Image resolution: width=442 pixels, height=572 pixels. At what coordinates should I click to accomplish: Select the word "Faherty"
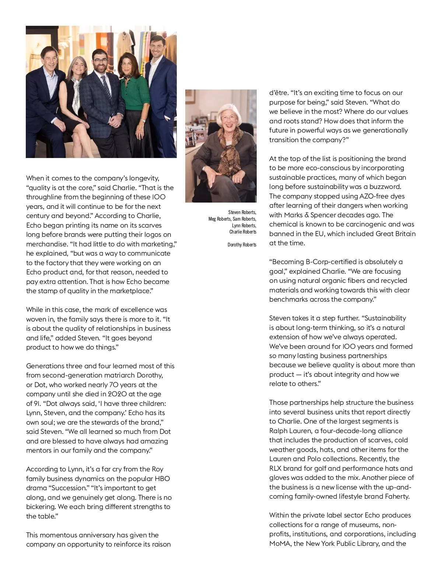[395, 496]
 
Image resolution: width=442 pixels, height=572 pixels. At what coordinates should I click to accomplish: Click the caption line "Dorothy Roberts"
[242, 245]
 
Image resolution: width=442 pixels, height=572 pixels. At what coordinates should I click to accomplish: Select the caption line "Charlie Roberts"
[243, 232]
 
